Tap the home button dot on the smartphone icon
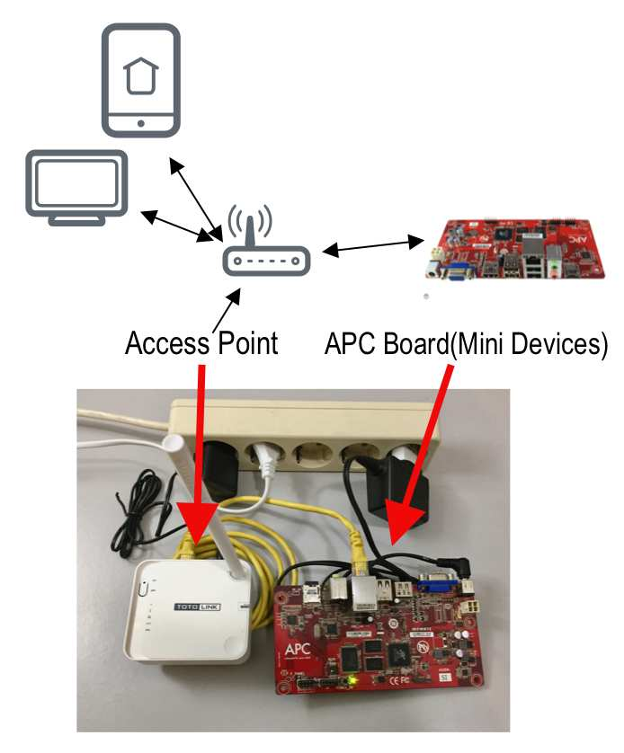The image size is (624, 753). pyautogui.click(x=141, y=123)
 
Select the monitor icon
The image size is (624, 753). pyautogui.click(x=76, y=188)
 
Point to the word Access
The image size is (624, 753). pyautogui.click(x=167, y=343)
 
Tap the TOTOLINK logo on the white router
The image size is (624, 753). pyautogui.click(x=197, y=607)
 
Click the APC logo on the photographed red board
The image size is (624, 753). pyautogui.click(x=298, y=649)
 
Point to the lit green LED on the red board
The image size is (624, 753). pyautogui.click(x=353, y=680)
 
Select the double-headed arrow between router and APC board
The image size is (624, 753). pyautogui.click(x=373, y=245)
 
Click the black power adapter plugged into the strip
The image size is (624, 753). pyautogui.click(x=397, y=492)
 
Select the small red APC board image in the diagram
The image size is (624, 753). pyautogui.click(x=515, y=249)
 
